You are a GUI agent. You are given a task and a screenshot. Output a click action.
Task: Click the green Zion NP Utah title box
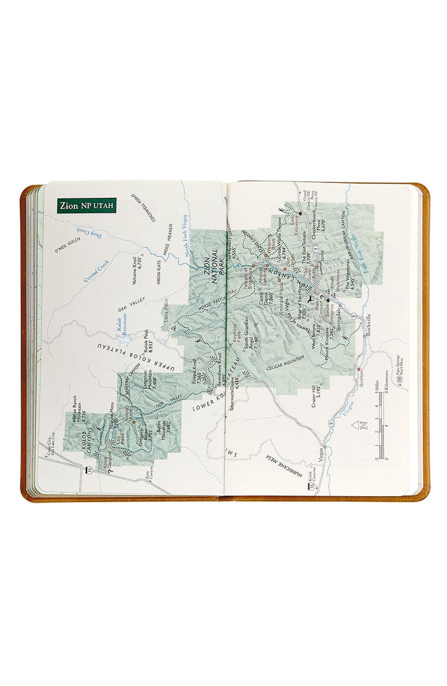click(x=87, y=205)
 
